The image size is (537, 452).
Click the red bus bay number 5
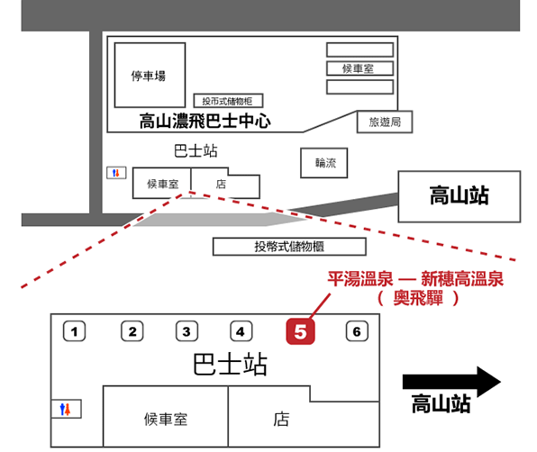tap(300, 330)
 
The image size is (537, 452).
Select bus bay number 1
tap(74, 330)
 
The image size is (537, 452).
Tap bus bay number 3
tap(187, 330)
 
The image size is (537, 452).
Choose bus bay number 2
tap(132, 330)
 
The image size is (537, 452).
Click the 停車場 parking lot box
tap(150, 76)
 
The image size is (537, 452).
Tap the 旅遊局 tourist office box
tap(385, 122)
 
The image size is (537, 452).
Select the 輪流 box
tap(324, 163)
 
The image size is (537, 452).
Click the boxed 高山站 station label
tap(460, 196)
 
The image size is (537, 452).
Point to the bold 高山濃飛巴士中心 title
tap(205, 122)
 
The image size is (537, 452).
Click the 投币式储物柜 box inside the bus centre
tap(229, 101)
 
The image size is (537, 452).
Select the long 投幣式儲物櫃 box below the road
tap(289, 247)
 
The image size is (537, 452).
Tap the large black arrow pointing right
tap(451, 382)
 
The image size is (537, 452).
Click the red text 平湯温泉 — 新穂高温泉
tap(415, 279)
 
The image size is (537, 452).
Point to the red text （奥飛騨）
tap(418, 298)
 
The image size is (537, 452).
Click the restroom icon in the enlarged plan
tap(65, 409)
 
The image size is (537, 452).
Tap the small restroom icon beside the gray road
tap(116, 173)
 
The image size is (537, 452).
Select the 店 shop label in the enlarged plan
tap(281, 420)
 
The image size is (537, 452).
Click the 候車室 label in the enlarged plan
tap(166, 420)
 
